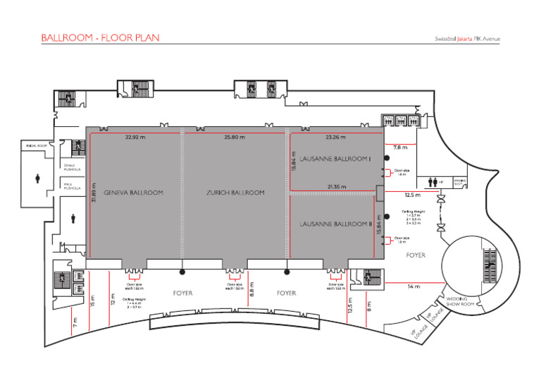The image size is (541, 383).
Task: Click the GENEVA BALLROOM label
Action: [133, 193]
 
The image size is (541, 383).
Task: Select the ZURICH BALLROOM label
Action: [235, 193]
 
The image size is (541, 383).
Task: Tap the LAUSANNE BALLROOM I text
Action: [335, 159]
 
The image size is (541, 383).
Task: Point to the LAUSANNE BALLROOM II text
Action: [335, 224]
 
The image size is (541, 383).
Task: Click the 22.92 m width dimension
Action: [135, 137]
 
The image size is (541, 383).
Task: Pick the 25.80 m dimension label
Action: [234, 137]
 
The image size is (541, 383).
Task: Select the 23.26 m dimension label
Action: [336, 137]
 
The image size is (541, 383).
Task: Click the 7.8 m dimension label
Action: [400, 148]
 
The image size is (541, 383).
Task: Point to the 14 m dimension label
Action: [413, 286]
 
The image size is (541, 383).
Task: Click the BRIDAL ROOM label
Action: [37, 146]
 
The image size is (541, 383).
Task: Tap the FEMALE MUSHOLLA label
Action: [73, 168]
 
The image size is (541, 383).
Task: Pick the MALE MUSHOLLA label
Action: [73, 188]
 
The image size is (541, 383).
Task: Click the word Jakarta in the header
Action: [465, 39]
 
